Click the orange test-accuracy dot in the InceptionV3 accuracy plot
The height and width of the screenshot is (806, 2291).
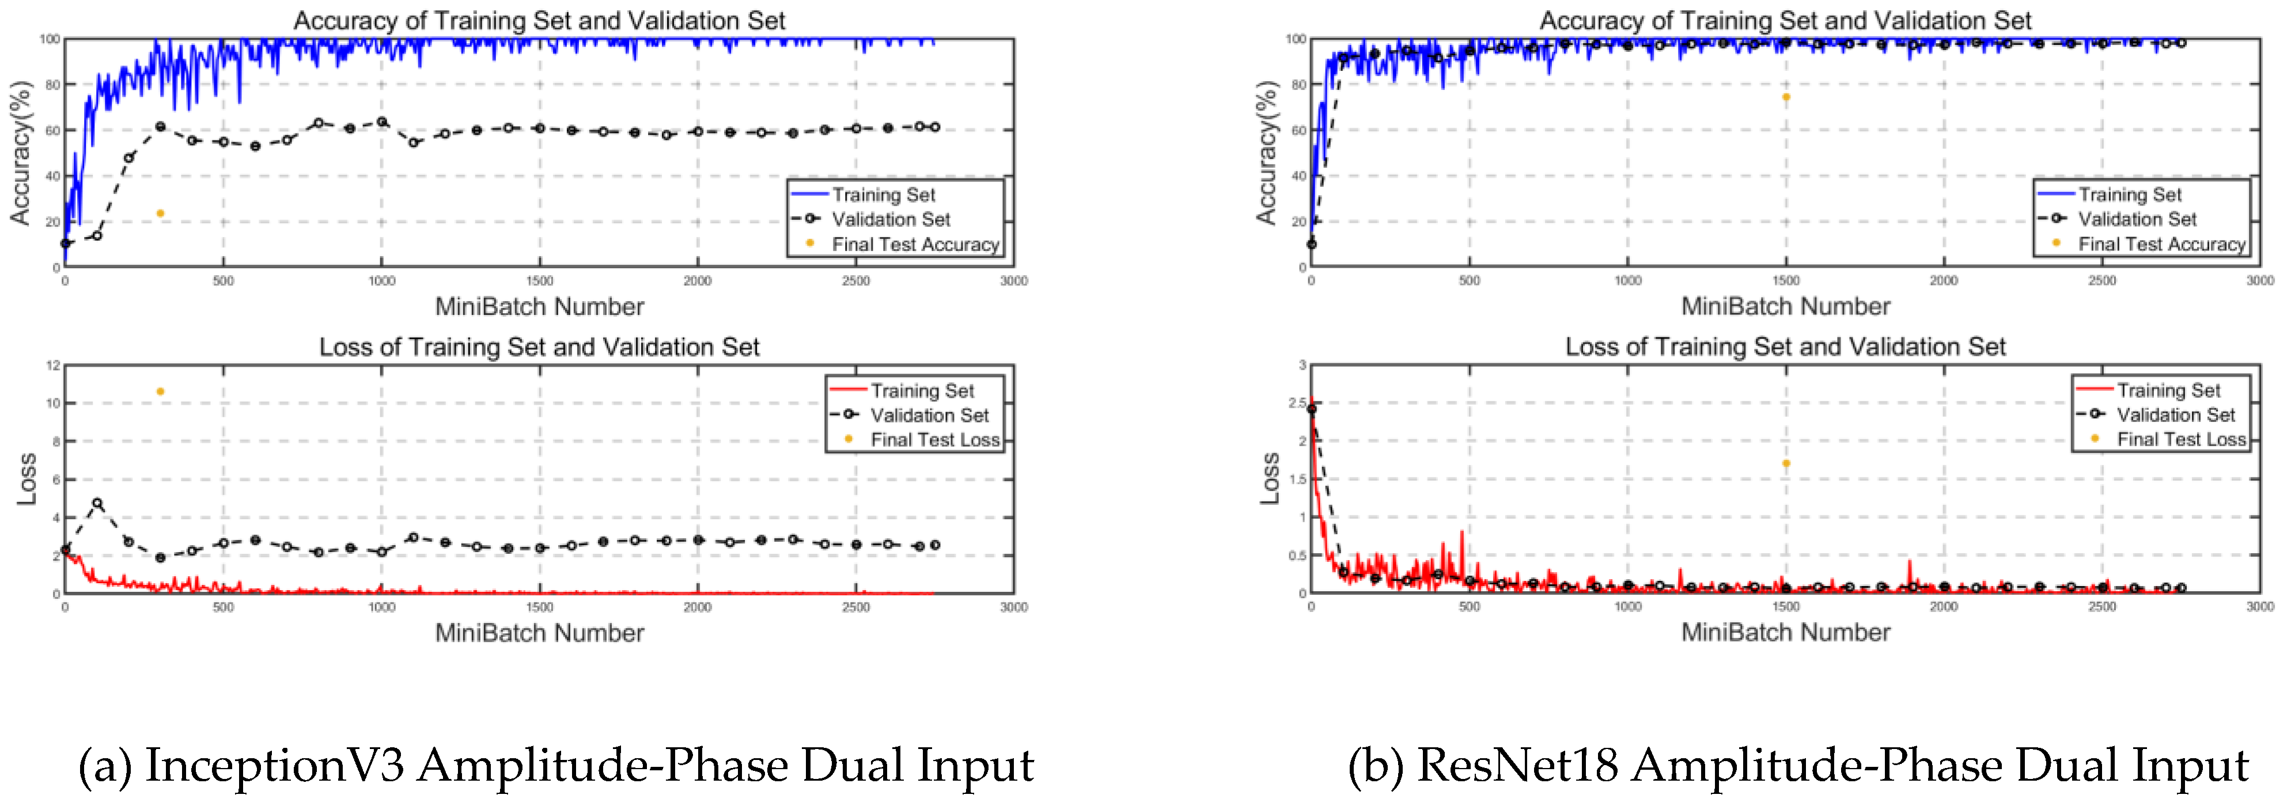click(160, 213)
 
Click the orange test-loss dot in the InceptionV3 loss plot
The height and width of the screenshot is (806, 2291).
click(160, 391)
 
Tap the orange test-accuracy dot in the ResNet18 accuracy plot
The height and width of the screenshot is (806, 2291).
click(1786, 97)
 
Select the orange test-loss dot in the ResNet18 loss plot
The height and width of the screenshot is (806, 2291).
click(1786, 463)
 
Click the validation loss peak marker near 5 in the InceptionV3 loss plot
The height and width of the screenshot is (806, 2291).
click(97, 503)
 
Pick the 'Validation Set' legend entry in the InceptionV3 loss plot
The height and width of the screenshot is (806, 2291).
click(929, 415)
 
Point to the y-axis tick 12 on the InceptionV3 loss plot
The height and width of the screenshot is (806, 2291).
click(52, 365)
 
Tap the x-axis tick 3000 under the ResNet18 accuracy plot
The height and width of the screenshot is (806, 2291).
click(2259, 281)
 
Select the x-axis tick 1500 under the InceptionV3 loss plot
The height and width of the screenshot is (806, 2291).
click(539, 607)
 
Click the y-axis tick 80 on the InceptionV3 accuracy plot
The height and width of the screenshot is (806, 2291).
click(52, 85)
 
